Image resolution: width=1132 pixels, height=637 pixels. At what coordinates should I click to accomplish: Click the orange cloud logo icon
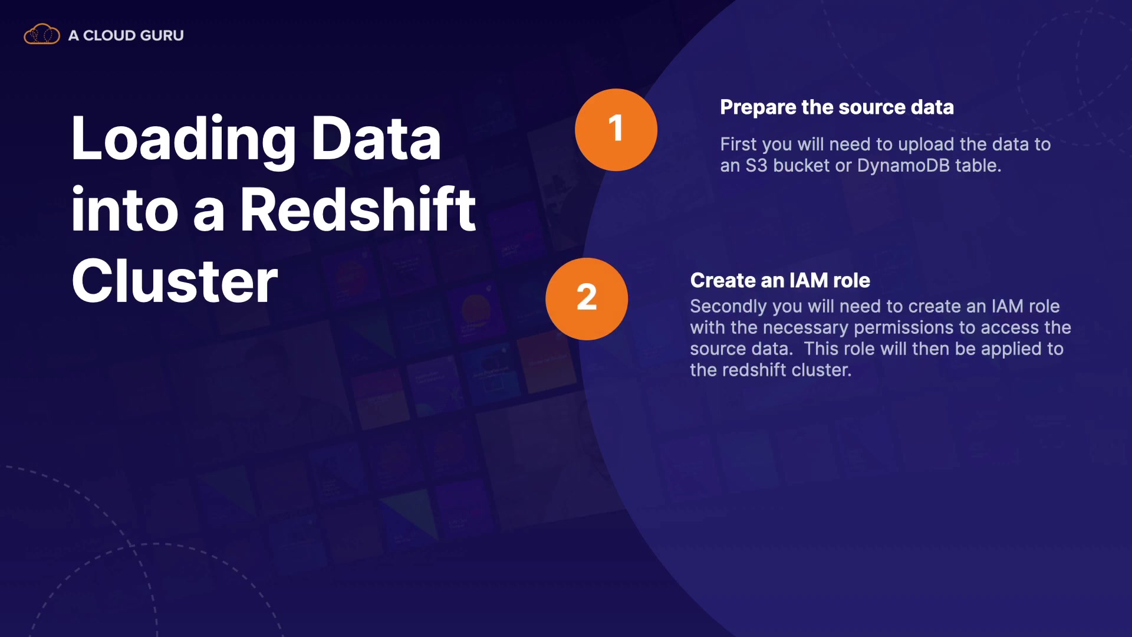click(41, 34)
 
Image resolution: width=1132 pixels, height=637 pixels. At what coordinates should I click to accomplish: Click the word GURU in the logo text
click(162, 35)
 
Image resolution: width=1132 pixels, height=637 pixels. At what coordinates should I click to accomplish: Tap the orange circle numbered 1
click(616, 130)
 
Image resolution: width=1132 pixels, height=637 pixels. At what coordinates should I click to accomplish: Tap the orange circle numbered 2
click(586, 298)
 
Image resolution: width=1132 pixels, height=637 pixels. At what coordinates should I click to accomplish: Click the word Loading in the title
click(183, 139)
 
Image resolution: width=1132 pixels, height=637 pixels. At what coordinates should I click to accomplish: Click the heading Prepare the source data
click(837, 107)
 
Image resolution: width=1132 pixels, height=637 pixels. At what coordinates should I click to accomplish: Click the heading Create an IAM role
click(780, 280)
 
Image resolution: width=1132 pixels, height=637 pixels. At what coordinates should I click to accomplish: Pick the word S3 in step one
click(756, 166)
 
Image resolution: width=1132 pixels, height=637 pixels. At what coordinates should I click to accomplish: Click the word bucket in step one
click(801, 166)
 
